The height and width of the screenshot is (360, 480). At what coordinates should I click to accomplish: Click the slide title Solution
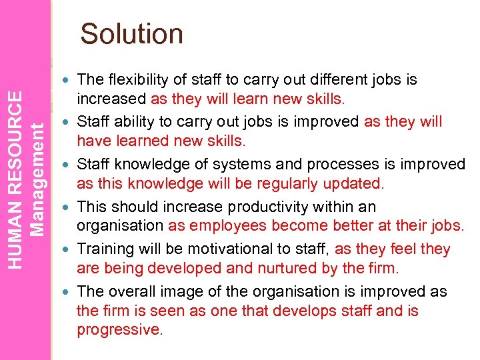(131, 34)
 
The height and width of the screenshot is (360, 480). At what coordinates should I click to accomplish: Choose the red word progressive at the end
(118, 330)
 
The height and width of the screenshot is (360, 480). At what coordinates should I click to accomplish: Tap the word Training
(103, 249)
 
